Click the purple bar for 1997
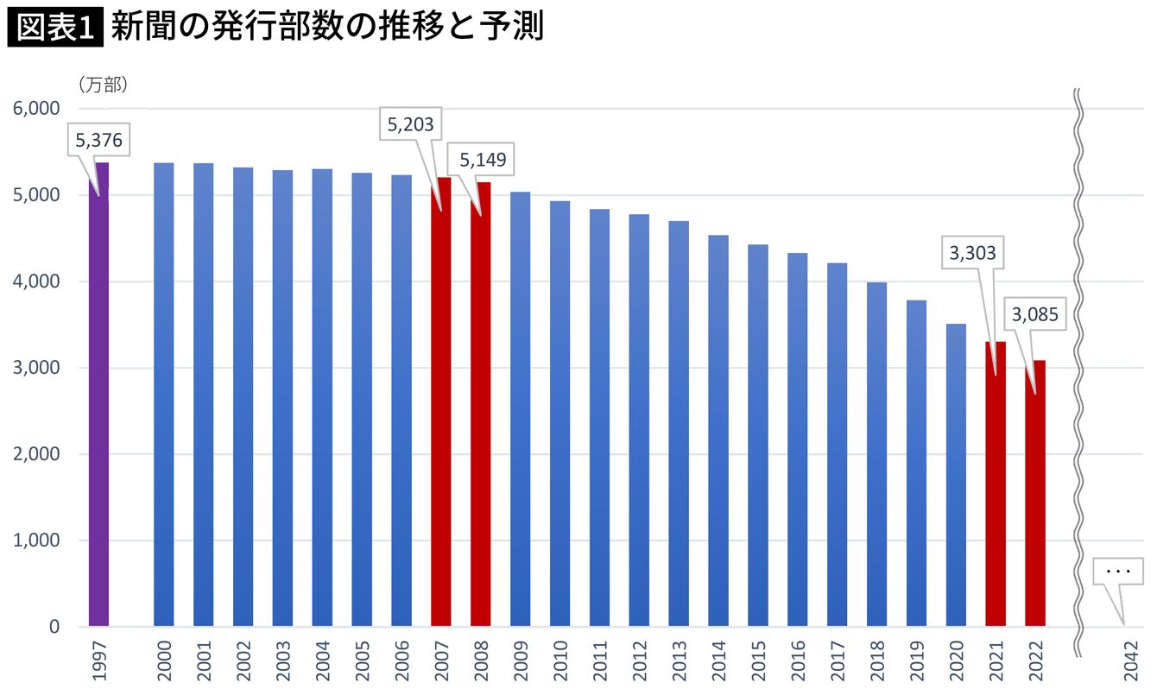[98, 394]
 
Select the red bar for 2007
[440, 401]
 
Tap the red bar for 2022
[1035, 493]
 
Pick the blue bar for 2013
[679, 423]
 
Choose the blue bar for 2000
[163, 394]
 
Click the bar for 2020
[956, 475]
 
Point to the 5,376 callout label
[98, 140]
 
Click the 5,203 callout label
[410, 125]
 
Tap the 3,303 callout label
[973, 253]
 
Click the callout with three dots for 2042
[1118, 572]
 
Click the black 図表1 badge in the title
[54, 27]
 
